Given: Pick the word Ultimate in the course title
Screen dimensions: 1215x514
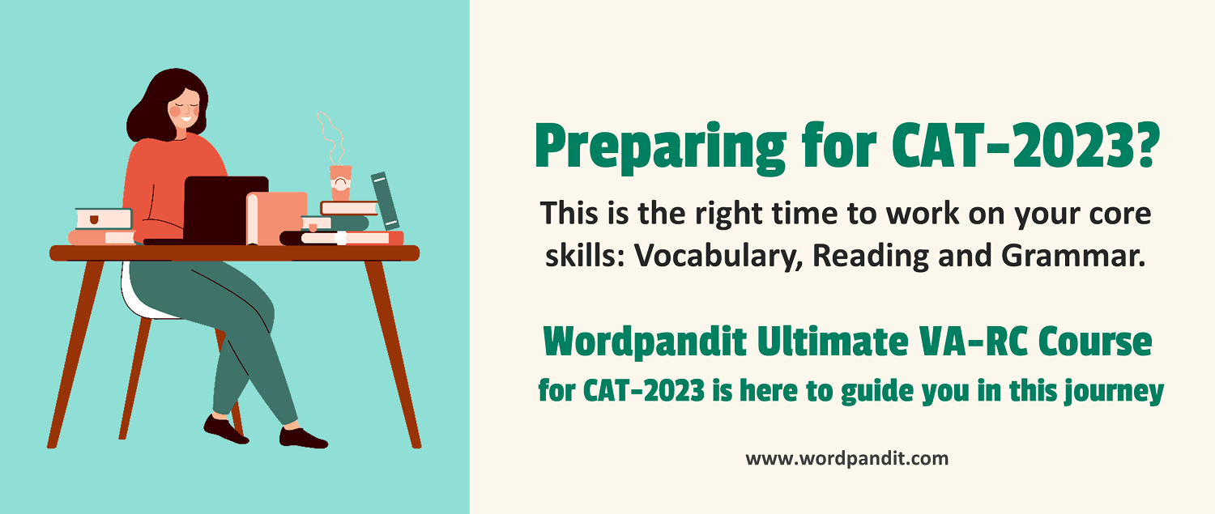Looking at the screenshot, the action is tap(833, 342).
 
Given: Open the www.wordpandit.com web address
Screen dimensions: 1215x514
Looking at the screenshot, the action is tap(846, 459).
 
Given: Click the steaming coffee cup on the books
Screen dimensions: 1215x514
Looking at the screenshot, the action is tap(341, 183).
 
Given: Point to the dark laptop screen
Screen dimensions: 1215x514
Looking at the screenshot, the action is tap(226, 210).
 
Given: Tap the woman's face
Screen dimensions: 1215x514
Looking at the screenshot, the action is tap(185, 109).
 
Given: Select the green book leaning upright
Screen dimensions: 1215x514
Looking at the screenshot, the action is tap(385, 201).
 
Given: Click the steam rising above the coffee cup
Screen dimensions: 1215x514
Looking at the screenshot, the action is tap(331, 138).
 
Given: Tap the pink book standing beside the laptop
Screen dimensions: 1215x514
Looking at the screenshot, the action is tap(277, 219).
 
